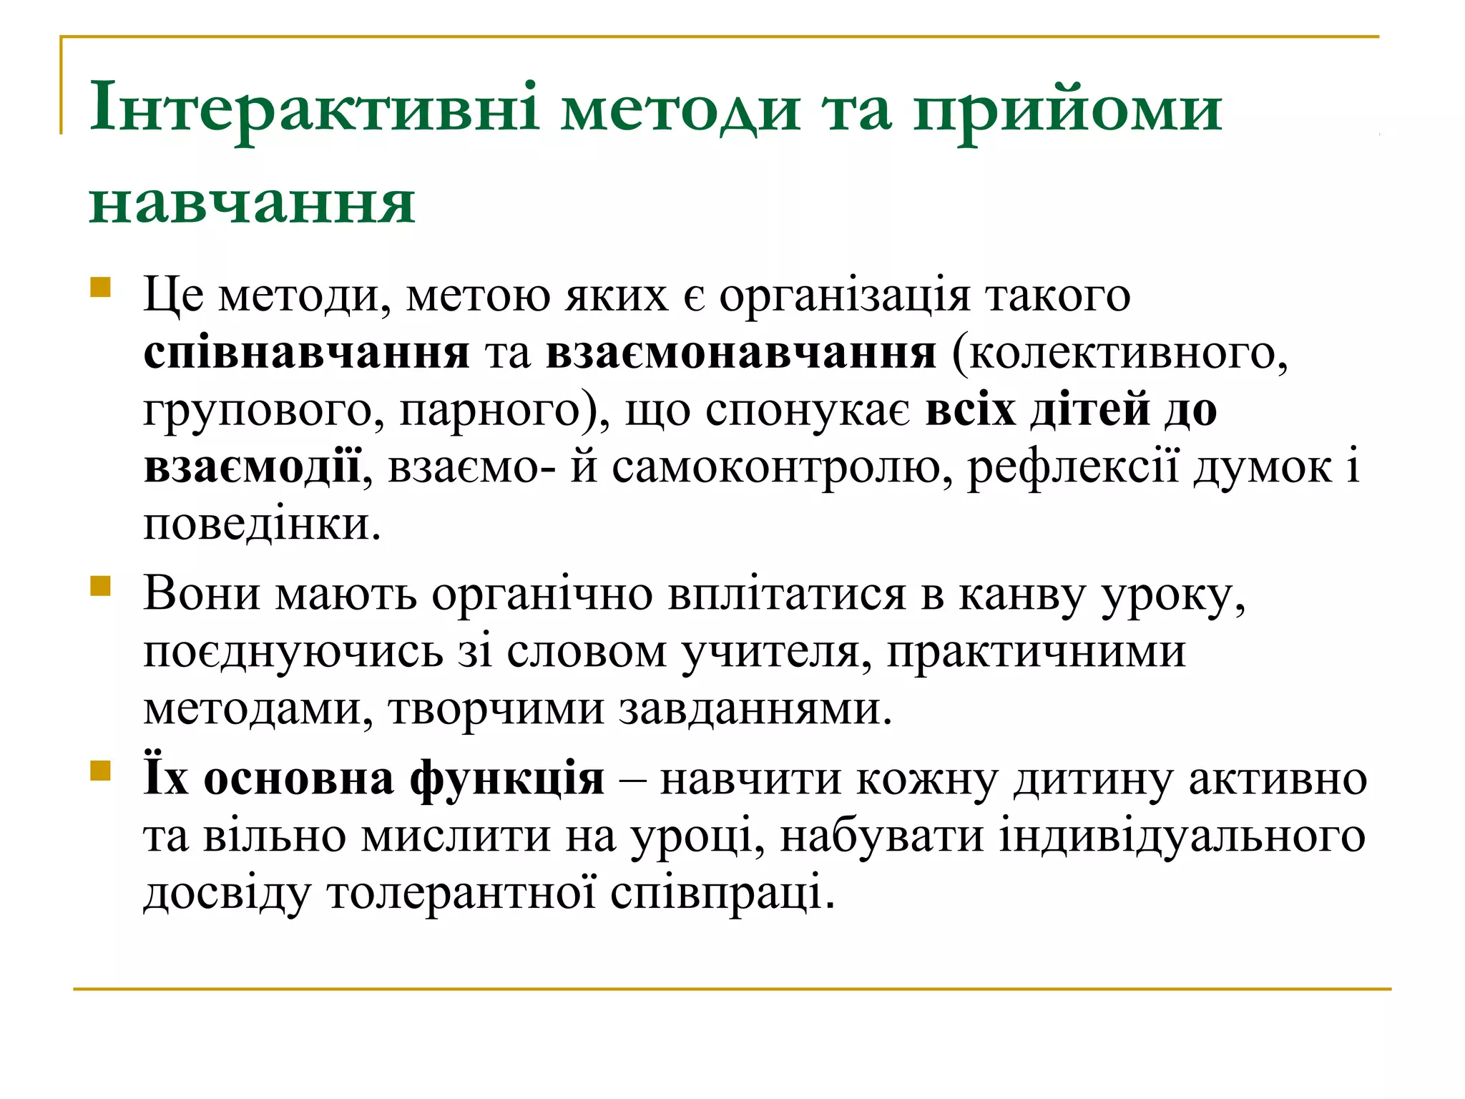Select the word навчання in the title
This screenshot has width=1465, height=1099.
point(252,203)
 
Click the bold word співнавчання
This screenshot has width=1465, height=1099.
point(306,353)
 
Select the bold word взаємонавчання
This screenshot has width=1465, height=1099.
point(740,353)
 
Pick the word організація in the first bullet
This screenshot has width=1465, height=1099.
point(844,296)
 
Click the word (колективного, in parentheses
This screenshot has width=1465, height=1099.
point(1120,353)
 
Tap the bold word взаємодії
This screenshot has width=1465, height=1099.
point(252,468)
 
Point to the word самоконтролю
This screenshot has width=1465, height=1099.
point(782,468)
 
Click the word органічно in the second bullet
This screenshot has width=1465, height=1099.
point(542,595)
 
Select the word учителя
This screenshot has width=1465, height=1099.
point(775,653)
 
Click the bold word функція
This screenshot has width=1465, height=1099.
point(507,778)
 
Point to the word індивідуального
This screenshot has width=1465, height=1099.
point(1182,836)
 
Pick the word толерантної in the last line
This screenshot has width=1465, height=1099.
point(461,893)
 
